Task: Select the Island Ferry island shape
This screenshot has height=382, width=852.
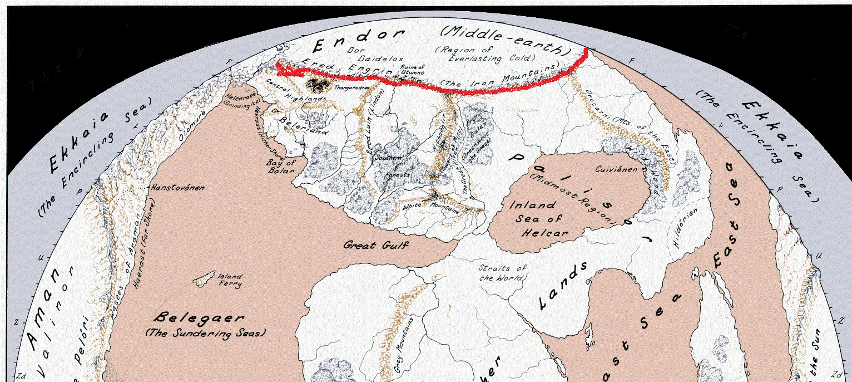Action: (x=204, y=278)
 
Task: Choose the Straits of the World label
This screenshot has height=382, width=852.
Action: (x=503, y=273)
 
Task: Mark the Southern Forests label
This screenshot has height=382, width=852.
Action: (x=387, y=166)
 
